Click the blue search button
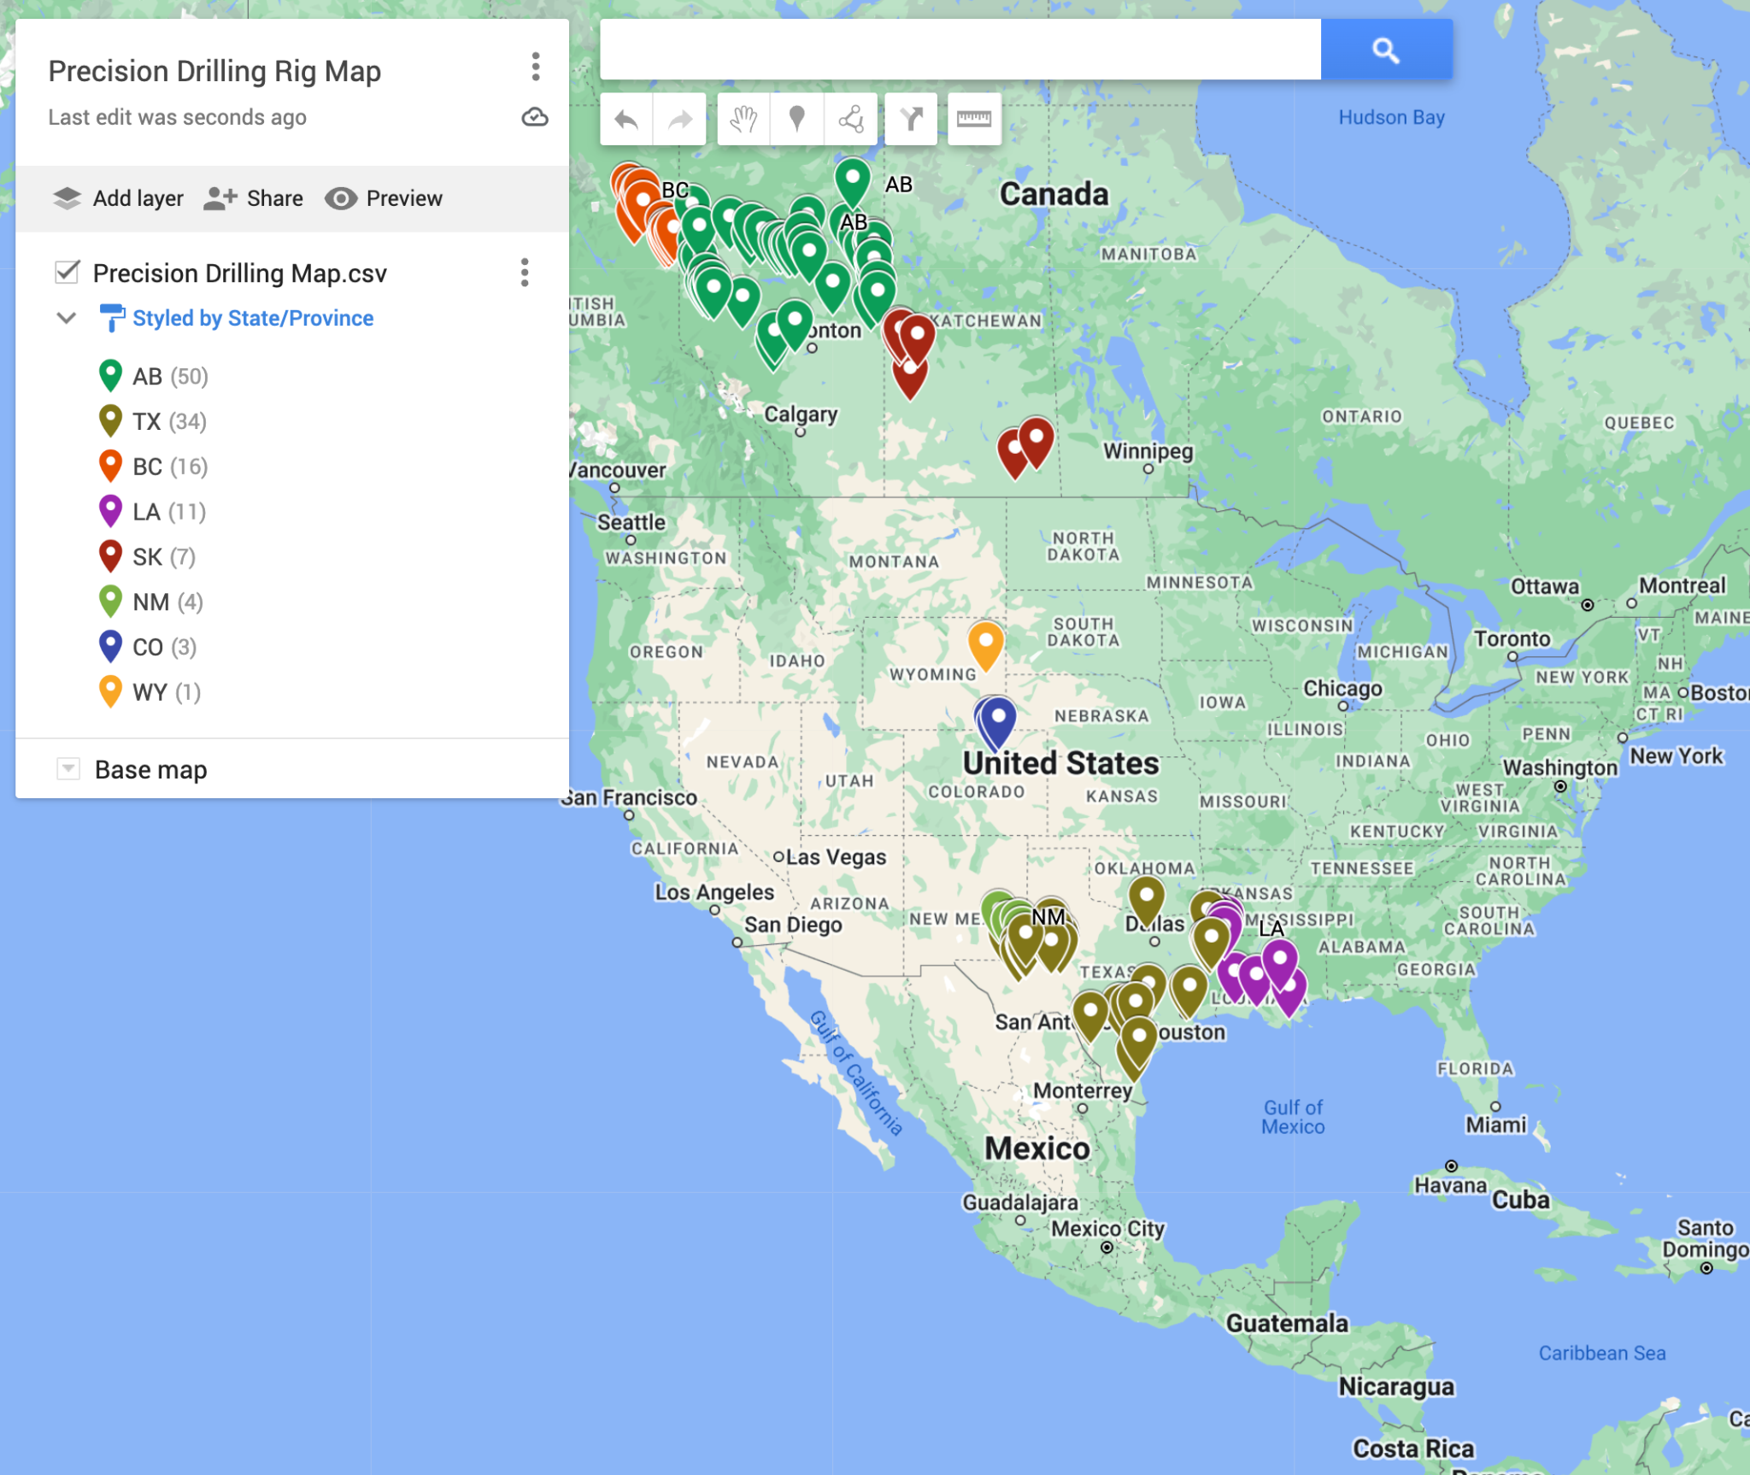(x=1385, y=50)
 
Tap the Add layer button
(x=118, y=198)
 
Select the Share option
(x=254, y=198)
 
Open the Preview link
(x=384, y=198)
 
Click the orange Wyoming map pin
(x=985, y=642)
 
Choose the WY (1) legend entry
(x=150, y=692)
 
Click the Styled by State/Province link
(x=253, y=318)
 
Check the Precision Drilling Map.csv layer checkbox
(x=68, y=273)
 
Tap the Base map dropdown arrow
(x=68, y=768)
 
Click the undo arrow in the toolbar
(x=626, y=119)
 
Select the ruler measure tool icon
(x=974, y=119)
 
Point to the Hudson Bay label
(x=1391, y=117)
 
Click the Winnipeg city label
(x=1148, y=450)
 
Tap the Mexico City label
(x=1107, y=1229)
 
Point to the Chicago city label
(x=1342, y=688)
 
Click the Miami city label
(x=1495, y=1125)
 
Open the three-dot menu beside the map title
(x=536, y=67)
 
